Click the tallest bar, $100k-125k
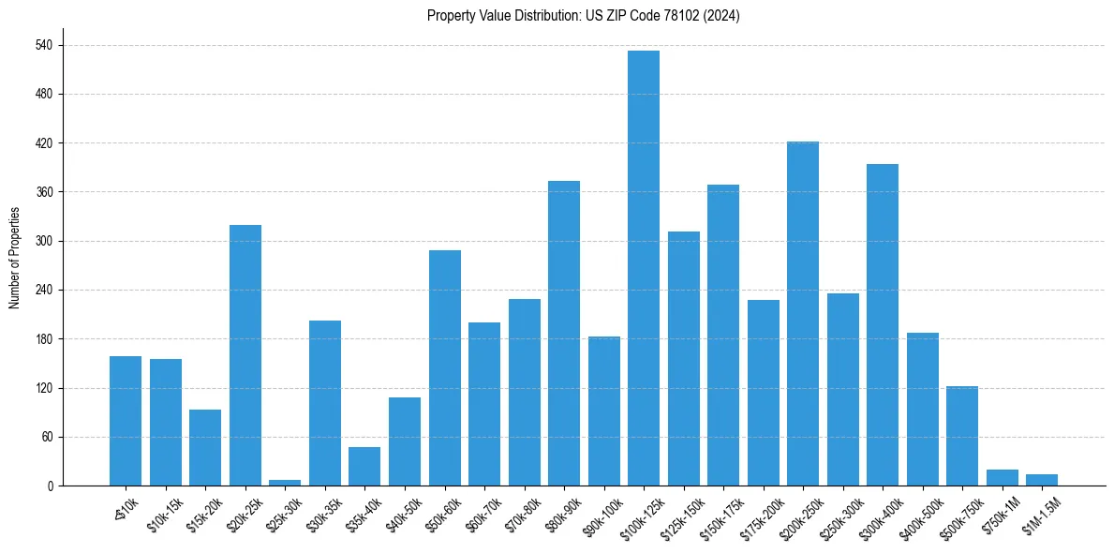643,268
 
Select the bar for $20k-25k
245,355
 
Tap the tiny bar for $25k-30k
285,483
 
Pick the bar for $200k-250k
802,313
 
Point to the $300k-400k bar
882,324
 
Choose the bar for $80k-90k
563,333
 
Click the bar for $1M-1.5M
1041,480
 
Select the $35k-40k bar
364,467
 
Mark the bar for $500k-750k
961,436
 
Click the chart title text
583,16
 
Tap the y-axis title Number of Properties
14,258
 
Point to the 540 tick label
44,46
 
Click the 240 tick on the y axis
44,291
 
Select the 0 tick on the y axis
50,486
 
